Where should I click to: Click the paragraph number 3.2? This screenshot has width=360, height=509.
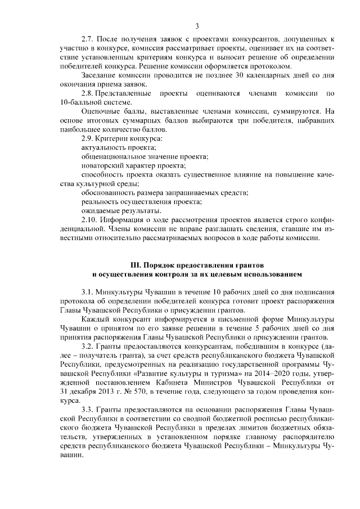tap(88, 346)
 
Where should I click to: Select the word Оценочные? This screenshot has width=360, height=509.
tap(100, 111)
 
